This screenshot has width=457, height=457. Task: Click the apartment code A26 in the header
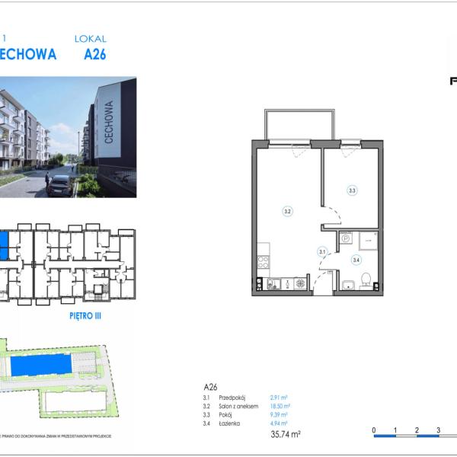point(95,54)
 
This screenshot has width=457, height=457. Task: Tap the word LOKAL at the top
point(91,38)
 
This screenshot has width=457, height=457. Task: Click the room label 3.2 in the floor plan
point(287,211)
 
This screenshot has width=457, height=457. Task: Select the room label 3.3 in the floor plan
point(352,190)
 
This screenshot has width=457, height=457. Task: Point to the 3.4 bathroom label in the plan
point(356,260)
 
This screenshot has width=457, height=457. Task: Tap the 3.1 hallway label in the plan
point(322,251)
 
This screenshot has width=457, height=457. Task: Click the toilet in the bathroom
point(366,280)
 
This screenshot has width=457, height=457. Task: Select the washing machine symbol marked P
point(345,238)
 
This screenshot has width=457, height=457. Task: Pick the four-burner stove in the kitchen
point(264,262)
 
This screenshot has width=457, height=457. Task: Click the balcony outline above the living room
point(299,124)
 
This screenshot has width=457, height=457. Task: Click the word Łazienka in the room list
point(229,423)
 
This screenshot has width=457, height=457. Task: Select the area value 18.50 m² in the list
point(280,407)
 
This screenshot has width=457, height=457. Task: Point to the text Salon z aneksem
point(238,407)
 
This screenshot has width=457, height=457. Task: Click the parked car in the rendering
point(59,184)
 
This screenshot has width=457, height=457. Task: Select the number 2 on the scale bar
point(417,430)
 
